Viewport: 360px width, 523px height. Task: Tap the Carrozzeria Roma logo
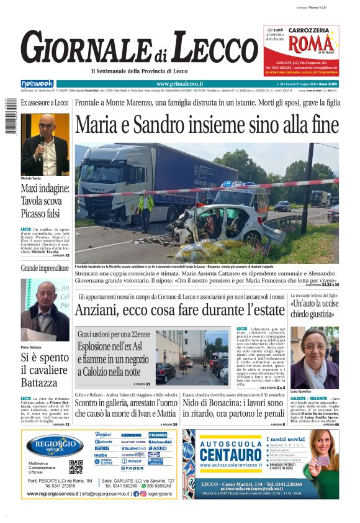[x=302, y=44]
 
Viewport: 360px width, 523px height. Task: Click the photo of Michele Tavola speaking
[x=45, y=144]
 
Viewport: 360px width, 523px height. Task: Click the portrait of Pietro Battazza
[x=45, y=311]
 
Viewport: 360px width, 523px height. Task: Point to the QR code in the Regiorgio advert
[x=76, y=466]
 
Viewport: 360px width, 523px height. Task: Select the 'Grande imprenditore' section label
[x=45, y=268]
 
